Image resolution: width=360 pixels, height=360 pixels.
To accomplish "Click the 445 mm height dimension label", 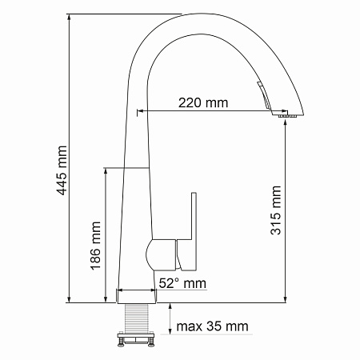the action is [62, 170].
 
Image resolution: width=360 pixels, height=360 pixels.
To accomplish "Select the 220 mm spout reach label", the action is [203, 103].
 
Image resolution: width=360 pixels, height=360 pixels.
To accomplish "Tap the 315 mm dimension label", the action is [276, 210].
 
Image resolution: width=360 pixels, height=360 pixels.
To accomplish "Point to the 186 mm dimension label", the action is [95, 246].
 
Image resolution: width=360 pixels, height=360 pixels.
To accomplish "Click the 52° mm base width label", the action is [182, 283].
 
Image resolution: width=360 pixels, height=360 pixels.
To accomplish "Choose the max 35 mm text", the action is [212, 326].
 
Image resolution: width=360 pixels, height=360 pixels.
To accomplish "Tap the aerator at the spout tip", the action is [288, 116].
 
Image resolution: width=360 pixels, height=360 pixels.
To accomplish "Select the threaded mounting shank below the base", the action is [137, 318].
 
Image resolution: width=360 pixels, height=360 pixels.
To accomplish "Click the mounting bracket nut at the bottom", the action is [136, 339].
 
